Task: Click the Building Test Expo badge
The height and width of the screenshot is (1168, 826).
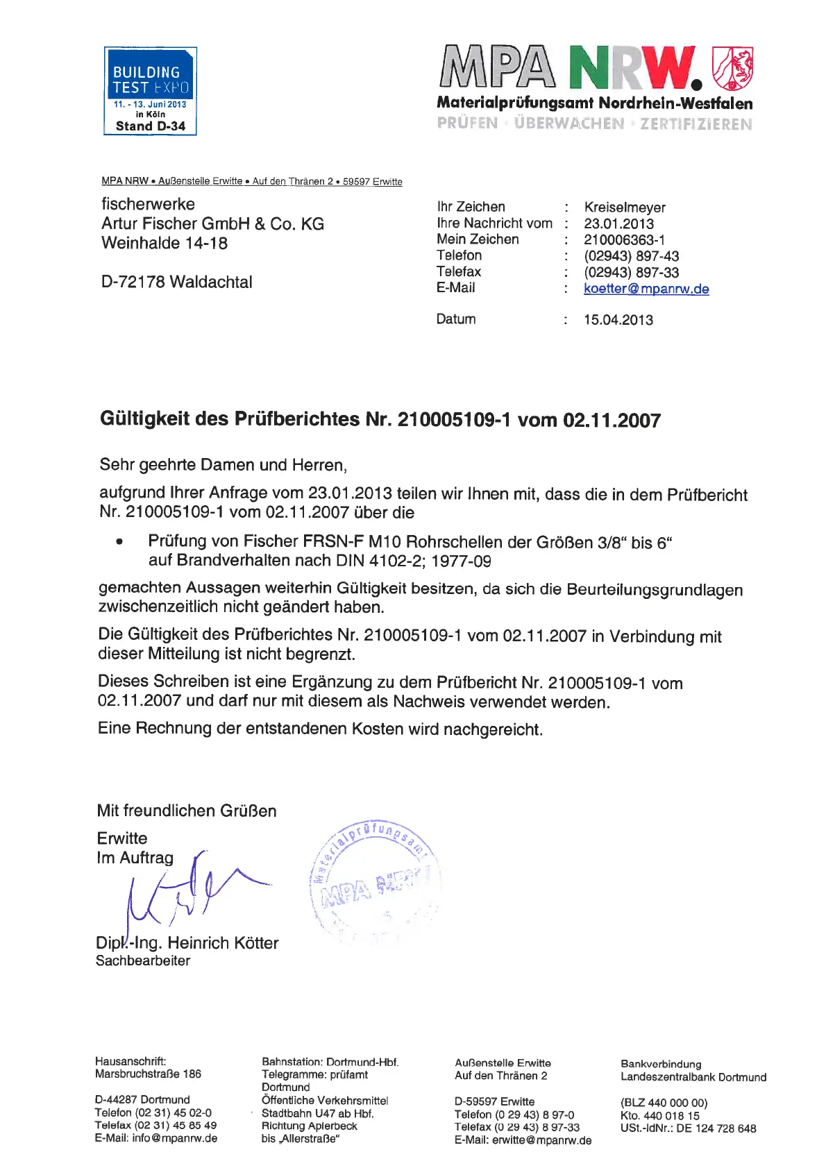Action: [150, 91]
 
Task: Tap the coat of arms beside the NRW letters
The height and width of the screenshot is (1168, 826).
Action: [732, 69]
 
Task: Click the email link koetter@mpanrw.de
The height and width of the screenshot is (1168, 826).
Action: [646, 289]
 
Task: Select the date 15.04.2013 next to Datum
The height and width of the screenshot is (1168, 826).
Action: [618, 320]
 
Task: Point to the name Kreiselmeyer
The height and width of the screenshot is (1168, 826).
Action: [624, 208]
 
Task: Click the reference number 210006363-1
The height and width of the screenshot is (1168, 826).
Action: [624, 240]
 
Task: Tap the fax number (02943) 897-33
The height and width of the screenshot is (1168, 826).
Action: [631, 273]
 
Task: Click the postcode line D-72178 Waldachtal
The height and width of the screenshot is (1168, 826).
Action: [176, 282]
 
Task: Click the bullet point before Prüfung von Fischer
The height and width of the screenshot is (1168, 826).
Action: [120, 542]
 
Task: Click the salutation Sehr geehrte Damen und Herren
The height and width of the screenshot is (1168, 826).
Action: [223, 465]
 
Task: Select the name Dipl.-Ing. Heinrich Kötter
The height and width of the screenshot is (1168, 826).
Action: [187, 943]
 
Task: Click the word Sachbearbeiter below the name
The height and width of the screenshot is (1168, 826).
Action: [143, 961]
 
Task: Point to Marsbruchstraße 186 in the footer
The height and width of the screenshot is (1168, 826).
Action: [148, 1074]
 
